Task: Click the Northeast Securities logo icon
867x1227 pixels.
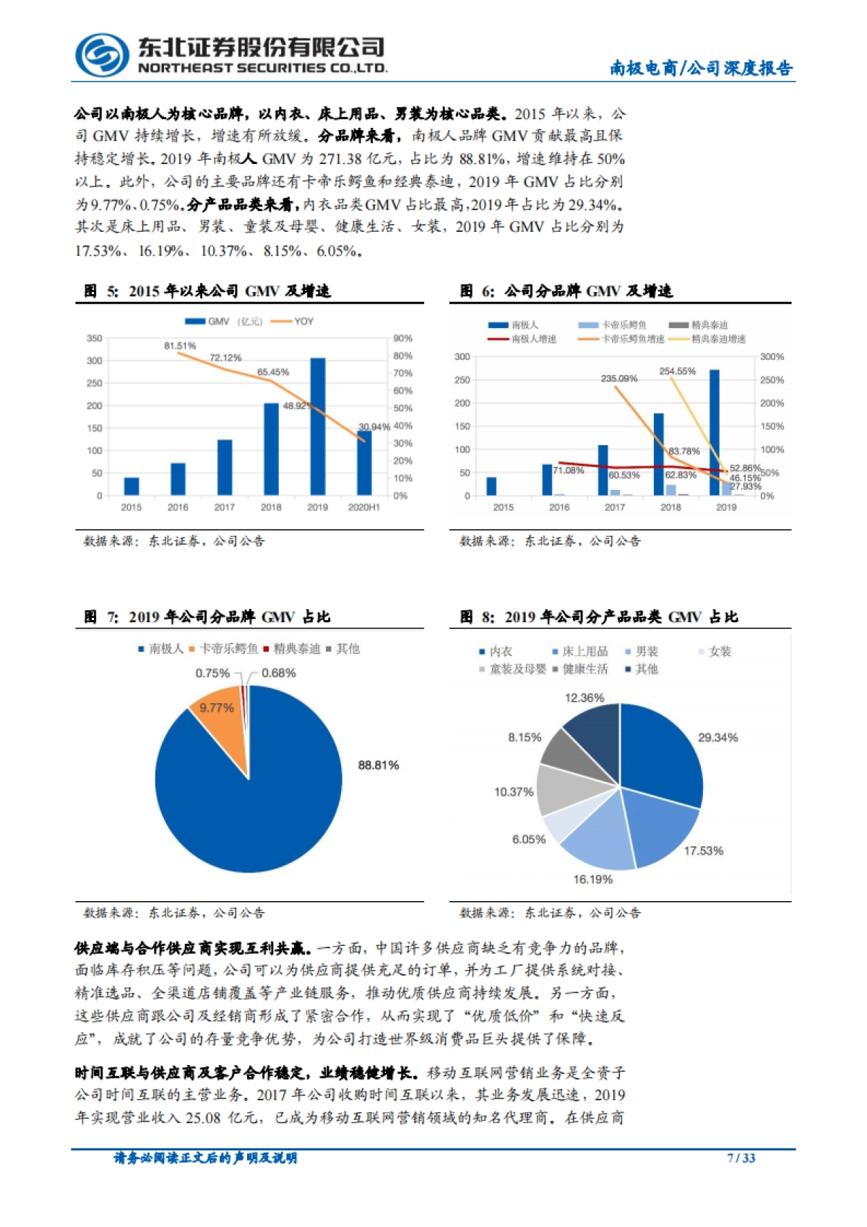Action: pos(102,55)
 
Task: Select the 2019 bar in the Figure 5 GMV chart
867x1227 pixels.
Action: pos(318,426)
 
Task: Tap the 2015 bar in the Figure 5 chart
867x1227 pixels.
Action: pos(131,486)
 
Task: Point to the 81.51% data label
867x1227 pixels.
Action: pos(180,346)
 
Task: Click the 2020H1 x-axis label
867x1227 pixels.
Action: pos(364,507)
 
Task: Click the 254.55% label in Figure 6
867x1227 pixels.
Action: pos(677,371)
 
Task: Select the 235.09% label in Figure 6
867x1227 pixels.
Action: pos(619,379)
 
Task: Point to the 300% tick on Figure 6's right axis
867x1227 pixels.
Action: pos(772,357)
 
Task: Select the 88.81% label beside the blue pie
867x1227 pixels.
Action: pos(379,765)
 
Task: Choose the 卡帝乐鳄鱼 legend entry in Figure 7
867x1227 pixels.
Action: pos(224,649)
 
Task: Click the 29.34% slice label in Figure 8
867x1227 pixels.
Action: pos(717,738)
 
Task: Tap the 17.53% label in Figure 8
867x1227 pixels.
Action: pos(703,851)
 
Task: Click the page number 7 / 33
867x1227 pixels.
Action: pos(741,1158)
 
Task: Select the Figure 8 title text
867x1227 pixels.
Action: pos(599,617)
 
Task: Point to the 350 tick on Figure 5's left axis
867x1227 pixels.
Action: pos(95,338)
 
